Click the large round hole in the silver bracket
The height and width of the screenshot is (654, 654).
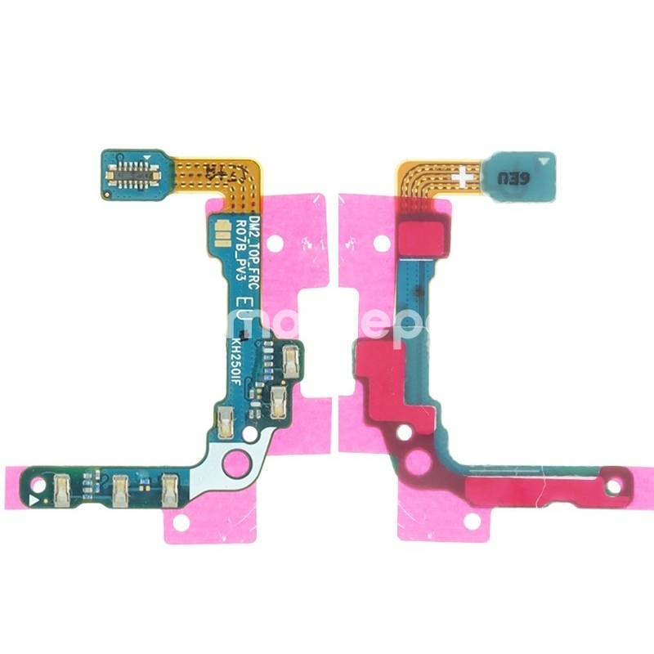237,462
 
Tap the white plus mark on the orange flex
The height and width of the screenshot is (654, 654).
462,175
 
